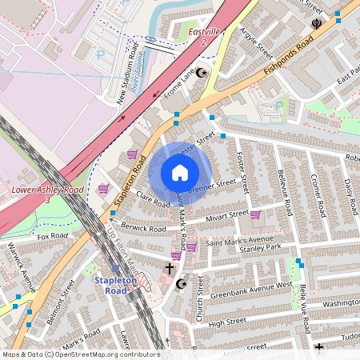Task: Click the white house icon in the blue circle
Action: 180,173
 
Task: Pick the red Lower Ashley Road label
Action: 47,191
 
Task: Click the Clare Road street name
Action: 154,200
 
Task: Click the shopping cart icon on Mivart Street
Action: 255,214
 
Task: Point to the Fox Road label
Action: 55,237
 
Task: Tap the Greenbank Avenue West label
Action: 241,290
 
